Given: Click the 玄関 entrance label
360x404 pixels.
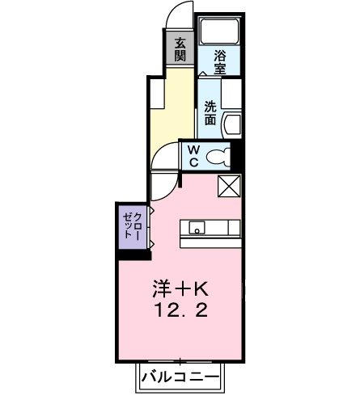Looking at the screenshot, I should pos(179,50).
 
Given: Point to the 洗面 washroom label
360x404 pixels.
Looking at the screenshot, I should pos(210,112).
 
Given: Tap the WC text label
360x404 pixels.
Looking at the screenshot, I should pos(193,156).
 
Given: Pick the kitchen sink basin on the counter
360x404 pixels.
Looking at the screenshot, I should pos(197,227).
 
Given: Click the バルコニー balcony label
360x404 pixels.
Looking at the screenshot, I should pos(179,377).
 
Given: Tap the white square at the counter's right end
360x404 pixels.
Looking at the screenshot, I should pos(235,227).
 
